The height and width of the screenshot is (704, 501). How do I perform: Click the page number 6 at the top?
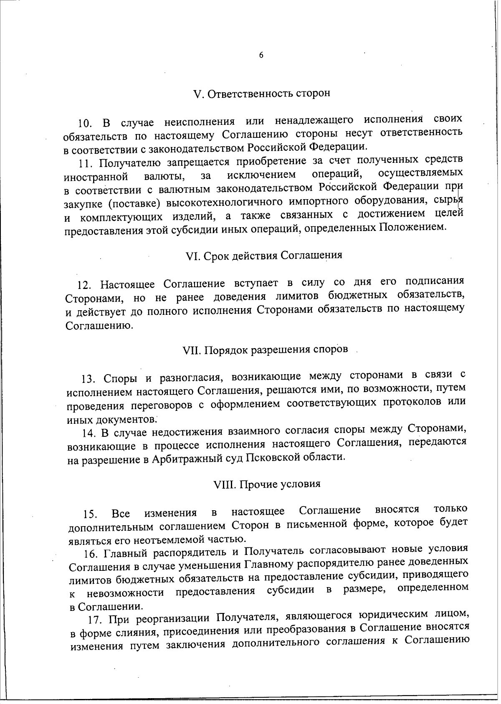261,55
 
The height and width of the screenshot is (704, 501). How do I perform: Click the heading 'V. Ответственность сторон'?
262,93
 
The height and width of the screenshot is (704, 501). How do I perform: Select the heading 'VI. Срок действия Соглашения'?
264,255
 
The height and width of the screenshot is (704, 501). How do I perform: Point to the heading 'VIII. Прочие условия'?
267,484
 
